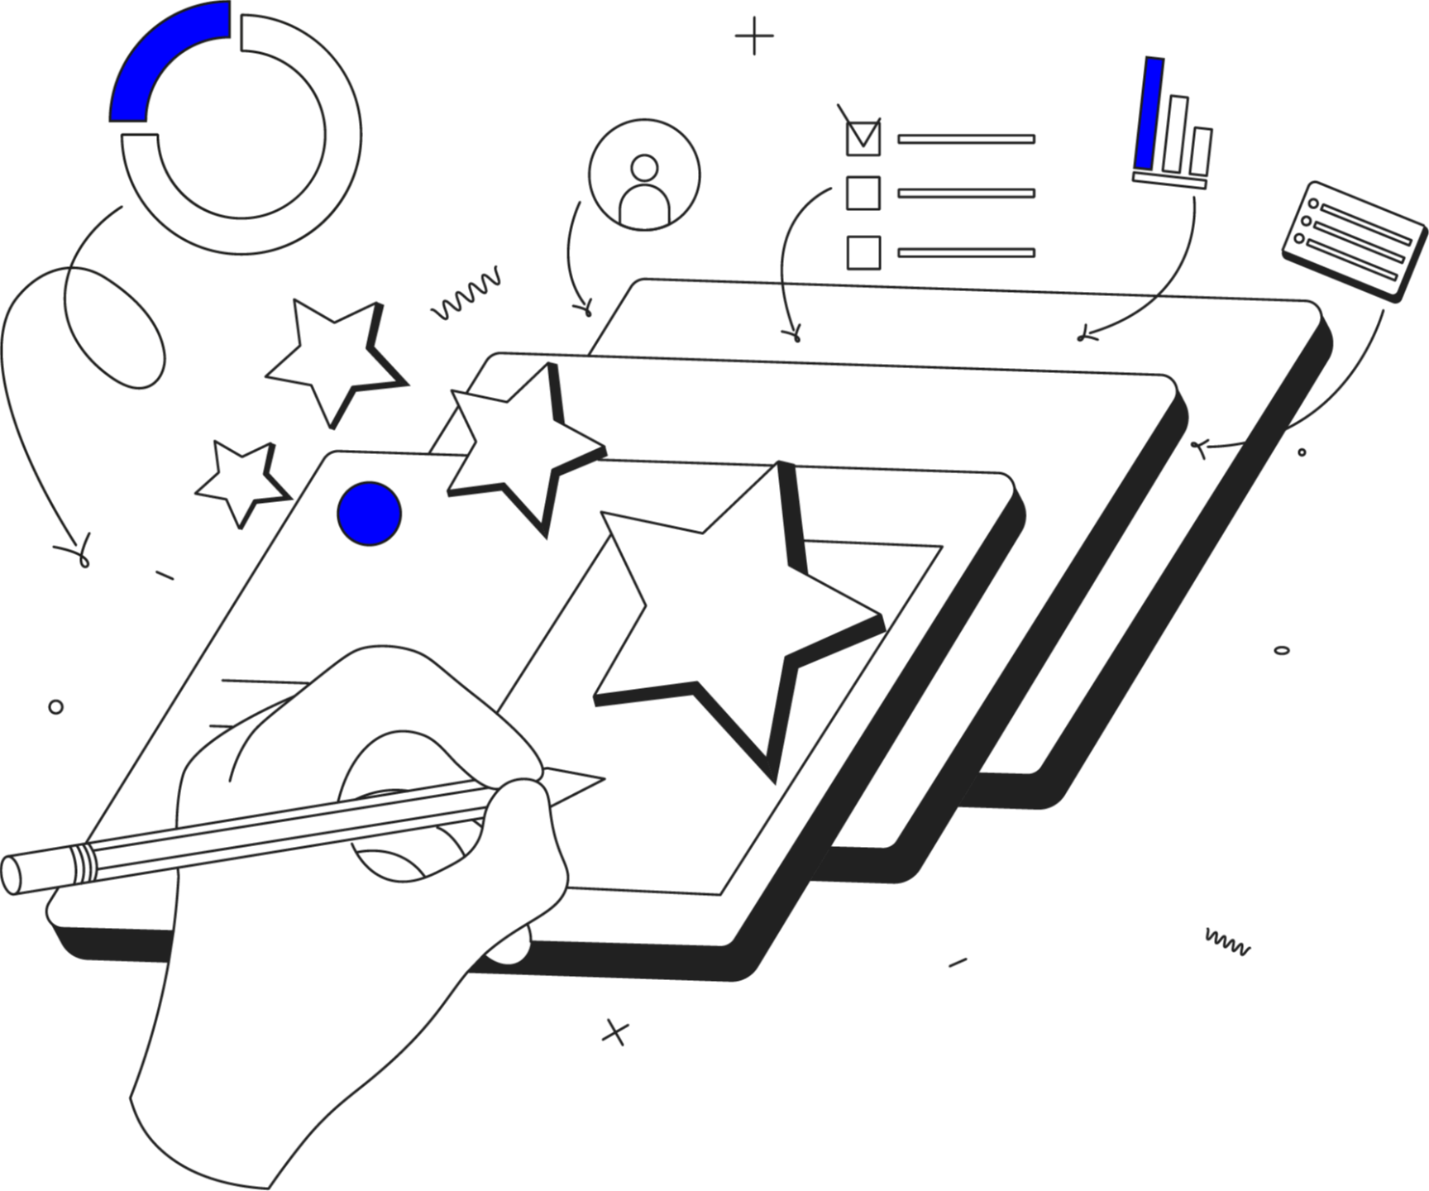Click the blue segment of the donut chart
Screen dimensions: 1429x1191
157,58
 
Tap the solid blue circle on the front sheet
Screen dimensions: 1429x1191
370,514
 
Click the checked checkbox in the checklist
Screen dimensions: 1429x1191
863,137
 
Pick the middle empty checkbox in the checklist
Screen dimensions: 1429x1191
863,193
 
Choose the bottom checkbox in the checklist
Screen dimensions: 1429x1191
863,251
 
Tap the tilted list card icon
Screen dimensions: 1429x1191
1353,242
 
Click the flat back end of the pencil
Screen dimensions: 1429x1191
12,875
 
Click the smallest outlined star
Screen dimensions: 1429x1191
239,480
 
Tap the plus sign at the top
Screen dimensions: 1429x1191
754,37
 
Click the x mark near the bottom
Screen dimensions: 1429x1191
614,1031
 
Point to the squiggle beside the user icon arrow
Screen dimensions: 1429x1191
467,294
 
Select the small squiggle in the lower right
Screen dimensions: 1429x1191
1227,942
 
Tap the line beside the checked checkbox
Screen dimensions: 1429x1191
966,139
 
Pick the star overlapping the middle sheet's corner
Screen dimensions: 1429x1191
521,447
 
